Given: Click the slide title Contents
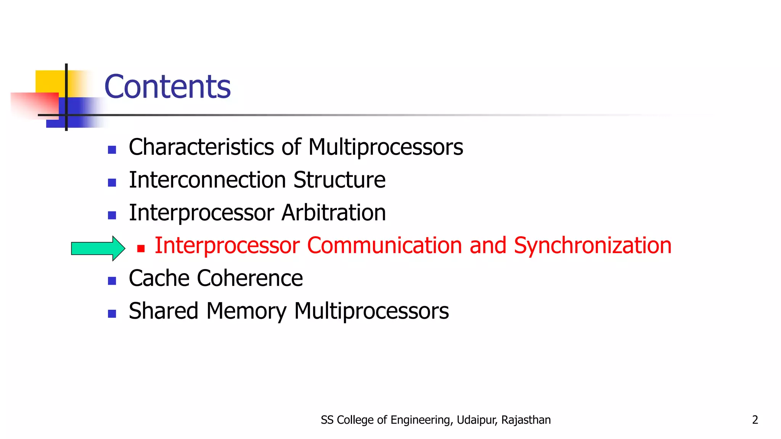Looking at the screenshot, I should tap(167, 87).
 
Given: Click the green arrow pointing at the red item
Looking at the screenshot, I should tap(98, 248).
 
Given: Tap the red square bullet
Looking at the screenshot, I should tap(141, 249).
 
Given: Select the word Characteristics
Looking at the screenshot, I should tap(201, 147).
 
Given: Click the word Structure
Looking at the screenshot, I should tap(339, 180).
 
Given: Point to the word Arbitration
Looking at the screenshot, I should tap(334, 213).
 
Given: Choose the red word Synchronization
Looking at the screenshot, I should tap(593, 245).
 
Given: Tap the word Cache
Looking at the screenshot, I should tap(159, 278).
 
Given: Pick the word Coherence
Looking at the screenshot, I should tap(250, 278).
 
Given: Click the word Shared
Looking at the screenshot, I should tap(164, 311).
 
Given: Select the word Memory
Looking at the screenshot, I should tap(246, 311).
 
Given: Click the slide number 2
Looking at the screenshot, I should tap(755, 420).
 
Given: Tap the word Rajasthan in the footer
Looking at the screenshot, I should tap(526, 420).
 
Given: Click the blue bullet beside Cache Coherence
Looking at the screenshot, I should tap(112, 281).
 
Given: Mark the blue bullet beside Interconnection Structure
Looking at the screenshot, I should tap(112, 183).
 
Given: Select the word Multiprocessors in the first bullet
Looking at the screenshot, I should tap(386, 147).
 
